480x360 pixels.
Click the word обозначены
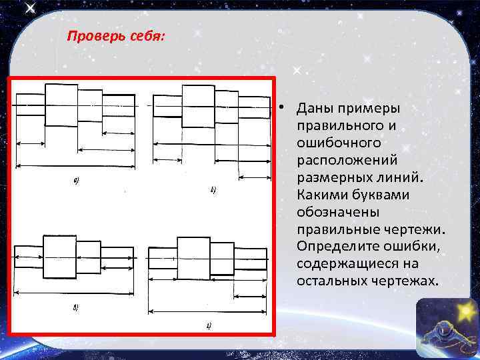(x=338, y=212)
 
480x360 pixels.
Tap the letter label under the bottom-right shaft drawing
(x=208, y=325)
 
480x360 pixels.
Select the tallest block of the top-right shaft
(x=198, y=105)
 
